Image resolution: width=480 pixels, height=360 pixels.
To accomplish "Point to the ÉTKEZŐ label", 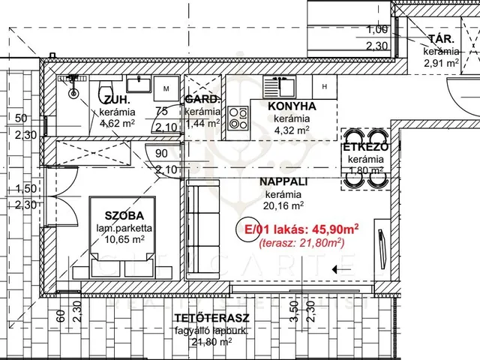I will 364,148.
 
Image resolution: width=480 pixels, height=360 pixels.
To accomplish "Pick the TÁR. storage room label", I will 439,40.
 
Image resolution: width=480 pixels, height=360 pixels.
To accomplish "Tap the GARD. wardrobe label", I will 202,100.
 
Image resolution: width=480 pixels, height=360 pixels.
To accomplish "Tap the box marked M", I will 166,87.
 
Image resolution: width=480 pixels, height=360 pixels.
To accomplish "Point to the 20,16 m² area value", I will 284,205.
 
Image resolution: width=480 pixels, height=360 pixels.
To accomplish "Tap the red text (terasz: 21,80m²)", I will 301,242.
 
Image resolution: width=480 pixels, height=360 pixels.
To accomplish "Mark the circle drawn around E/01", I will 249,229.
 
